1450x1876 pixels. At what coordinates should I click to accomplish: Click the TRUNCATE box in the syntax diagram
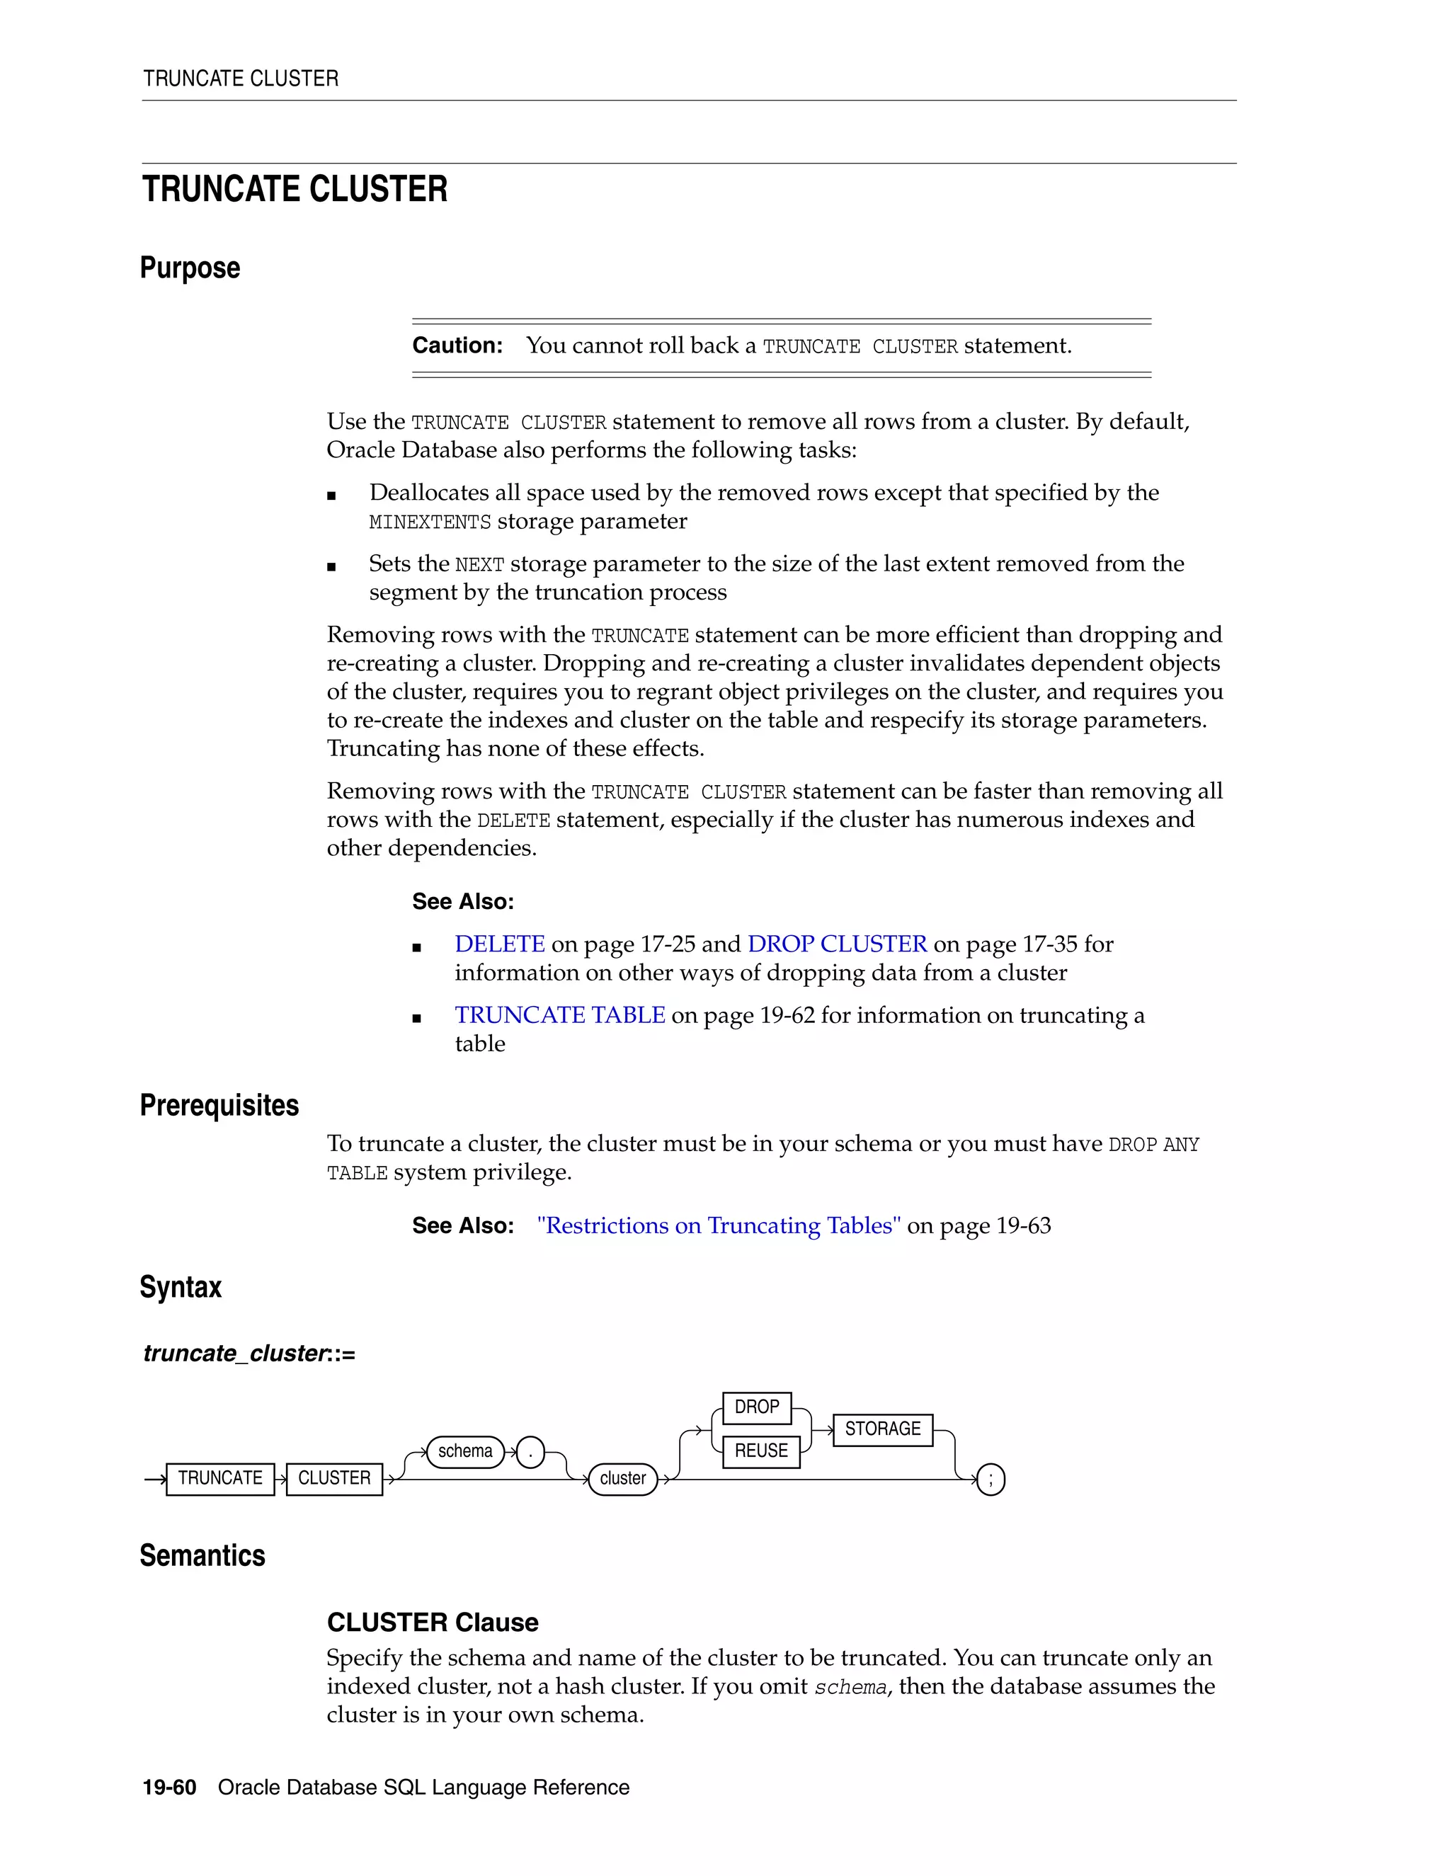(x=220, y=1478)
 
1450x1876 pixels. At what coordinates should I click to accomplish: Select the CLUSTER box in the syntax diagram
(x=334, y=1478)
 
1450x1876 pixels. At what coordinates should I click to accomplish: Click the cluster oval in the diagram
(x=623, y=1478)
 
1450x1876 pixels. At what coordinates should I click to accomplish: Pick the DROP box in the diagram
(x=757, y=1407)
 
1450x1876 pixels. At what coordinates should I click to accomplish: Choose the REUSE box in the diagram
(x=761, y=1451)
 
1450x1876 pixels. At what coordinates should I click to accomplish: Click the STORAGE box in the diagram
(x=882, y=1429)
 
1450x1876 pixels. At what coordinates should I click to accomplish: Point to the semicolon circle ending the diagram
(x=991, y=1479)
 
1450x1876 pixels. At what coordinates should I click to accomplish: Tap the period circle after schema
(x=531, y=1453)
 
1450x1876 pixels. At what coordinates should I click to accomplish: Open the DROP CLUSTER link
(x=837, y=944)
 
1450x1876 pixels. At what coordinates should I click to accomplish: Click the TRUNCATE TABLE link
(x=559, y=1015)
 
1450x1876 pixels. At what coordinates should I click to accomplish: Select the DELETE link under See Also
(x=499, y=944)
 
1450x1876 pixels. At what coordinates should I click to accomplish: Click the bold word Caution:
(x=457, y=345)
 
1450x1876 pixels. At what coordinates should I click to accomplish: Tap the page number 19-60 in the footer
(x=169, y=1788)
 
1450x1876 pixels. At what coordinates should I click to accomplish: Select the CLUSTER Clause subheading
(x=432, y=1623)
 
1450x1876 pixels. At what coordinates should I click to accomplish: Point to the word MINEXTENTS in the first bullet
(x=430, y=522)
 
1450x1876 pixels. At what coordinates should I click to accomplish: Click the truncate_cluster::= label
(x=249, y=1354)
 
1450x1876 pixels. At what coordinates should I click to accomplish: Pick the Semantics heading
(x=202, y=1555)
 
